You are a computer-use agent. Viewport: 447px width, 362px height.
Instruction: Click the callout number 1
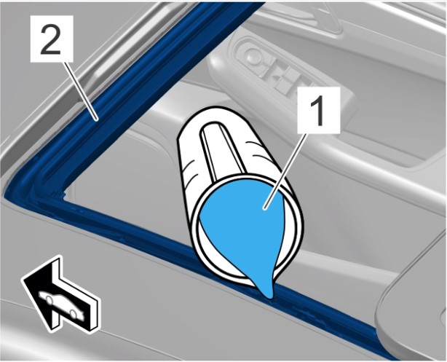319,110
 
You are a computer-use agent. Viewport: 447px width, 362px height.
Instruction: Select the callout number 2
52,39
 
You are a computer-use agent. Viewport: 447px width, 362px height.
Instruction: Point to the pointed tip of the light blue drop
269,298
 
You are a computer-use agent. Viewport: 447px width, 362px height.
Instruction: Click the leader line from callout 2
82,91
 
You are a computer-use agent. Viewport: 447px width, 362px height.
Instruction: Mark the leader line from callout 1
285,171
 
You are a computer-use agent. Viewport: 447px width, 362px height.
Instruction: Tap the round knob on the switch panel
254,55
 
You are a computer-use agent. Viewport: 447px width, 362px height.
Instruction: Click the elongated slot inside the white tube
223,152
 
